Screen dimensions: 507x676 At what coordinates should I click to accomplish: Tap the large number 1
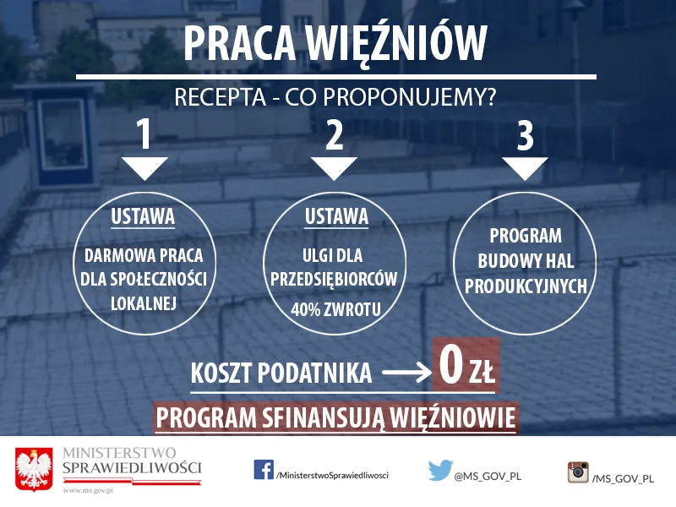(x=144, y=135)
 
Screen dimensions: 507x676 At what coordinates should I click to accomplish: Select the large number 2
(x=335, y=135)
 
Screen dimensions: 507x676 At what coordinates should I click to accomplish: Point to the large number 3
(x=525, y=135)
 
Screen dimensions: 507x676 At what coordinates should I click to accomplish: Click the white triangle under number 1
(x=144, y=167)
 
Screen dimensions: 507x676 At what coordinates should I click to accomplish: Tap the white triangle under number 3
(x=525, y=167)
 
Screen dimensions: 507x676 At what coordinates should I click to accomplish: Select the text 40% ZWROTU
(x=335, y=309)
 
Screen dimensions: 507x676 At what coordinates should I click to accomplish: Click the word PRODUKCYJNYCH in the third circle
(x=525, y=286)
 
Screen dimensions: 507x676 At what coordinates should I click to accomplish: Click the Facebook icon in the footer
(x=263, y=471)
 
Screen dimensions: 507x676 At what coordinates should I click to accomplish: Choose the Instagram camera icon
(x=579, y=472)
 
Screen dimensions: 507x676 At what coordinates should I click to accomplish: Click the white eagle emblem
(x=35, y=469)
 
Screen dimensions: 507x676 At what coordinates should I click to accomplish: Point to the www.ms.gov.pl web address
(x=89, y=489)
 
